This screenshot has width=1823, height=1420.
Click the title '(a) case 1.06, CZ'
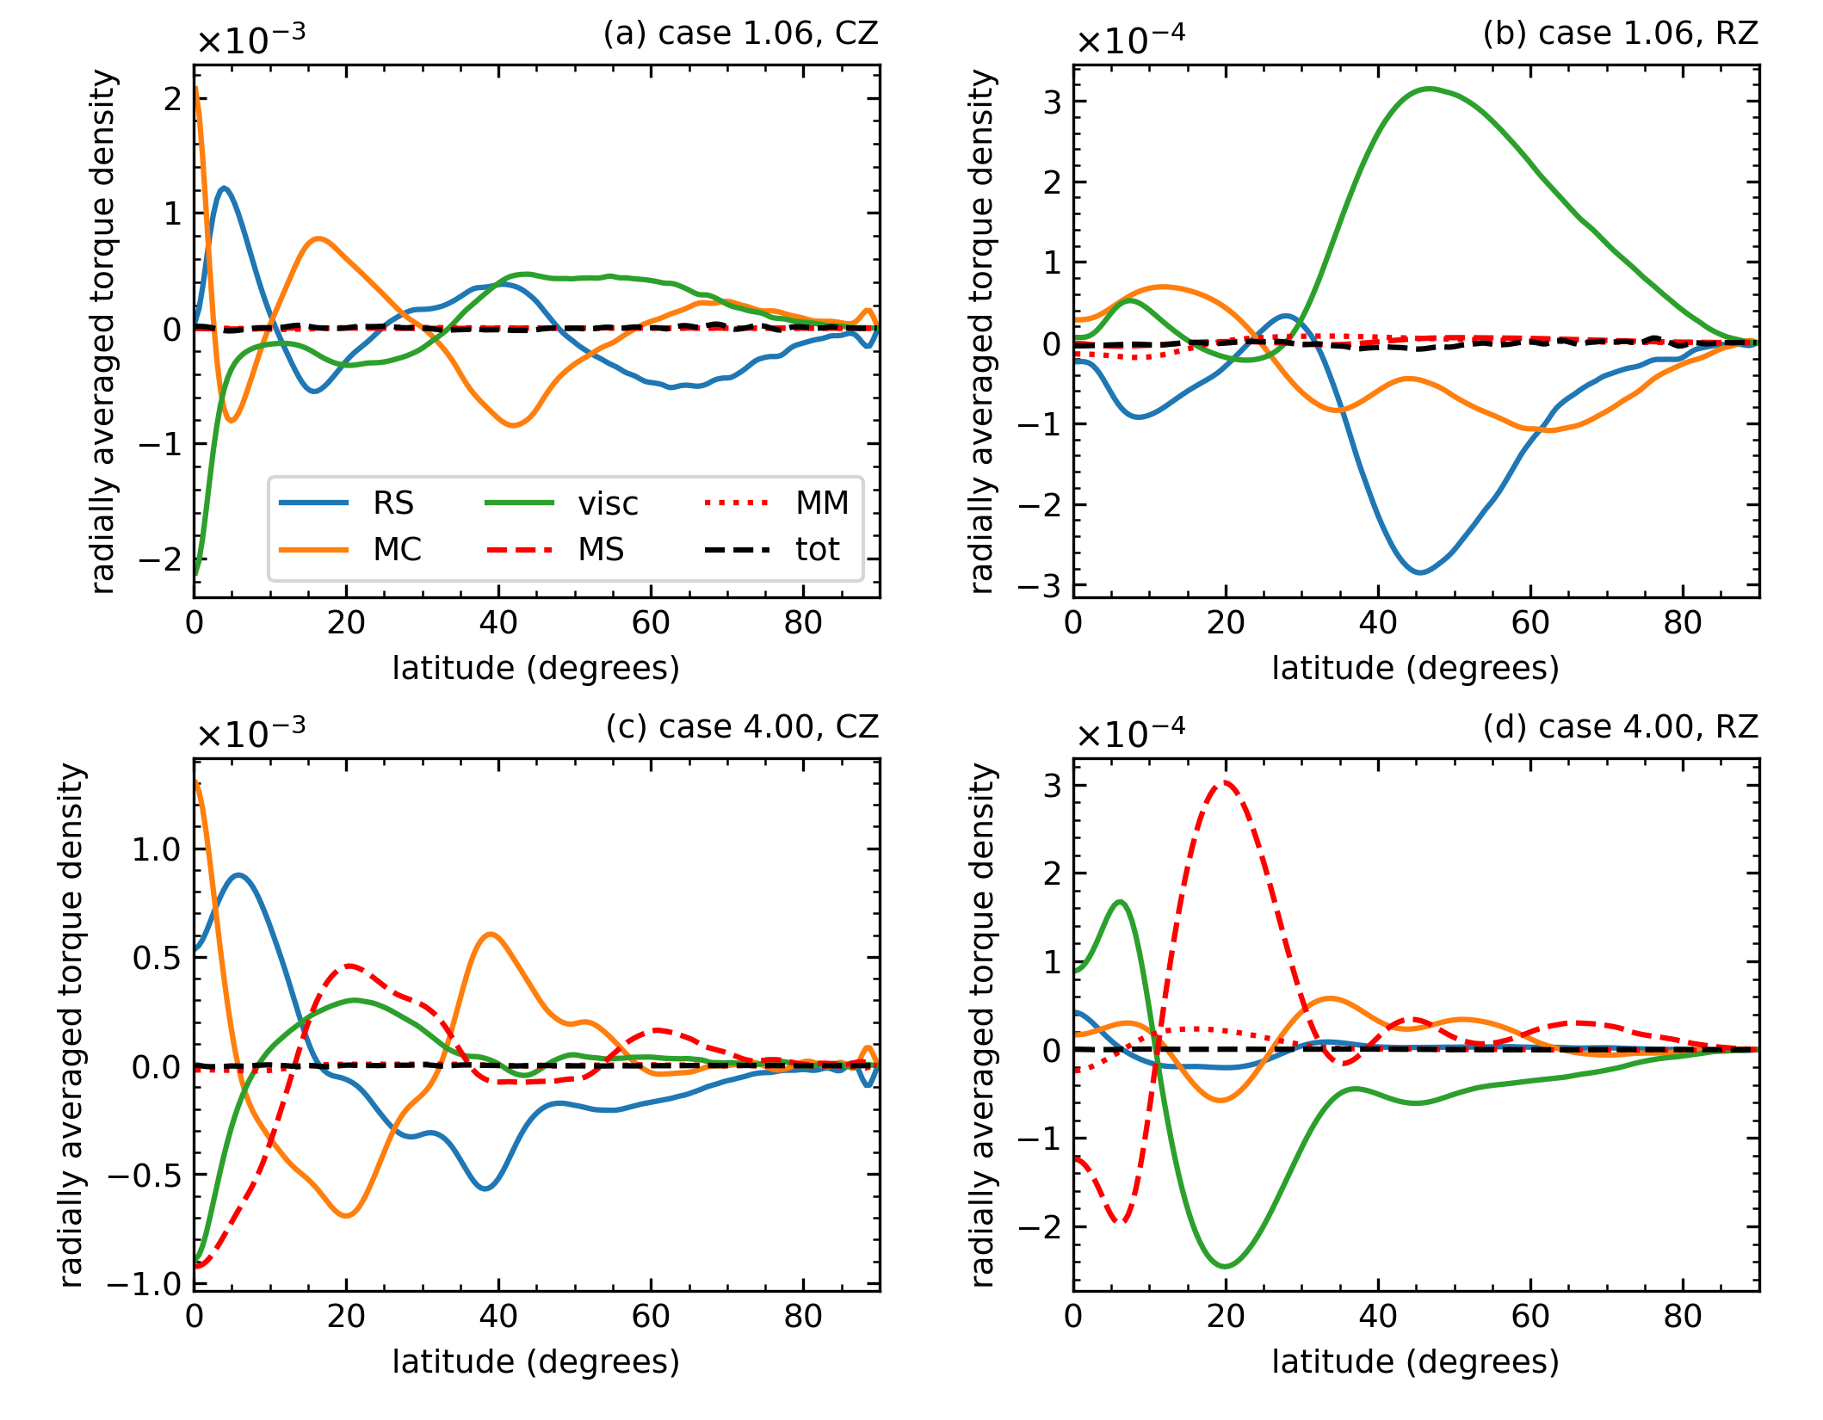coord(740,34)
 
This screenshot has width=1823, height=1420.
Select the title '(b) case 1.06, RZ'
coord(1620,34)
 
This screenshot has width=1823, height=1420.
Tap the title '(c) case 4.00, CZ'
coord(742,727)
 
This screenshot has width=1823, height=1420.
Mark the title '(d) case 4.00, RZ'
coord(1620,727)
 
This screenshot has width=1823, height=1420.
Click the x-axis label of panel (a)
coord(536,669)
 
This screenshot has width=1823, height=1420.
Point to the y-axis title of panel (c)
coord(73,1025)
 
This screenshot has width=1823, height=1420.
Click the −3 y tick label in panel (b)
coord(1040,586)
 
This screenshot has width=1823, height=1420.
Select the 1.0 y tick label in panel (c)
coord(156,849)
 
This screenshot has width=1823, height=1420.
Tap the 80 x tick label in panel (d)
coord(1683,1317)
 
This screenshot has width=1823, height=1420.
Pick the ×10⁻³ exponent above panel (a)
coord(250,38)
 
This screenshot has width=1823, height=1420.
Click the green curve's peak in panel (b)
coord(1431,89)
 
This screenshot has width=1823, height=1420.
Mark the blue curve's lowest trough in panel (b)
coord(1420,572)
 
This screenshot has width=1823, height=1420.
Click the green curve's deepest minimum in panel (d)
coord(1226,1266)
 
